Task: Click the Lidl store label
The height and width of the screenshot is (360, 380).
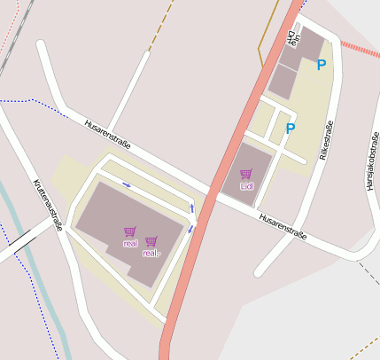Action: click(x=246, y=186)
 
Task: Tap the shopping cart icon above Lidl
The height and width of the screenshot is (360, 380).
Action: click(x=246, y=174)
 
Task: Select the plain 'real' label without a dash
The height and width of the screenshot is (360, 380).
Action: click(x=130, y=242)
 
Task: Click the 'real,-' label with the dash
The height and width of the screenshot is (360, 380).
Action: click(x=151, y=253)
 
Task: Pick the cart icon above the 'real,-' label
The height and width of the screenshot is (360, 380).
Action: click(x=151, y=241)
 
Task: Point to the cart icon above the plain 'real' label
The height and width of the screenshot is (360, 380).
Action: click(x=130, y=231)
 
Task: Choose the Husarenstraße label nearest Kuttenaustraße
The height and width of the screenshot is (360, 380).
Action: click(x=107, y=133)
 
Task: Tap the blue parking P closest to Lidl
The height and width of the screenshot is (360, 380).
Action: click(x=290, y=129)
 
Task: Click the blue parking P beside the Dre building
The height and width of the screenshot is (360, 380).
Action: click(x=321, y=65)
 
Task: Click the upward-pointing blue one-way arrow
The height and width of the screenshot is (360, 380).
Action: click(x=193, y=208)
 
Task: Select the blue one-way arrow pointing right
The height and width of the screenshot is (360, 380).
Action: click(x=127, y=184)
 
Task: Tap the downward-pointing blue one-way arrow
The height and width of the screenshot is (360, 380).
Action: click(x=190, y=229)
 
